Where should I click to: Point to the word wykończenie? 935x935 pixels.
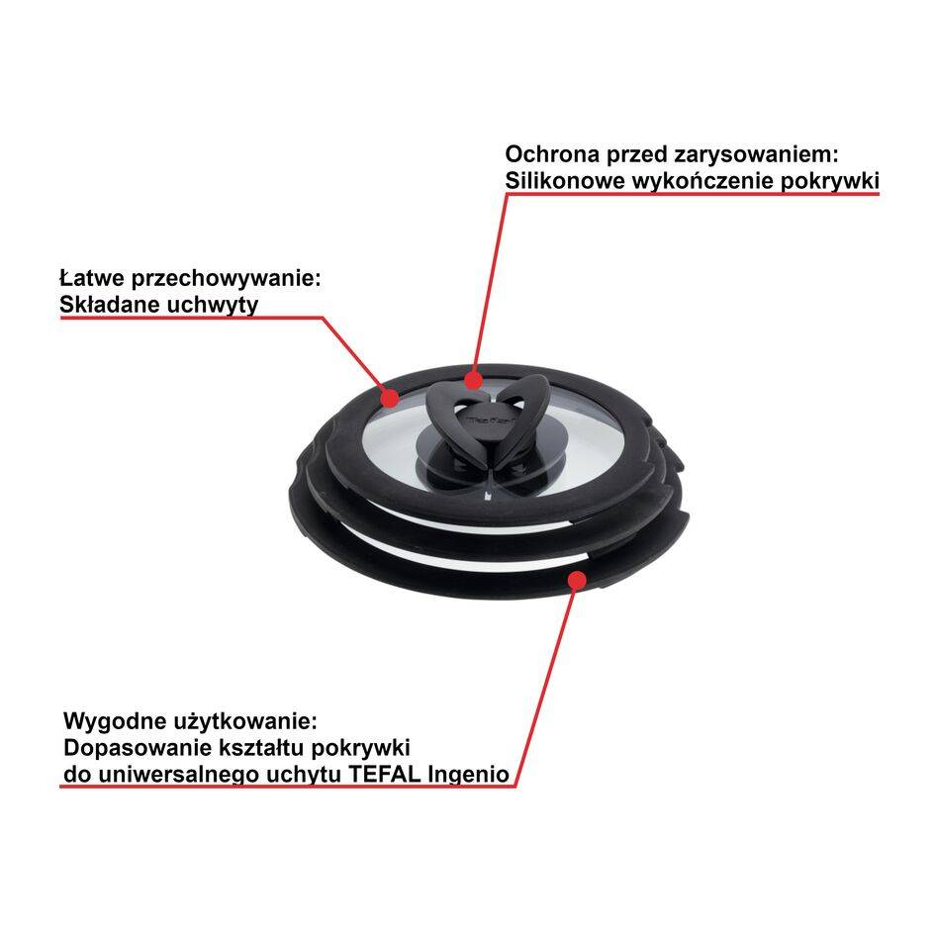coord(698,182)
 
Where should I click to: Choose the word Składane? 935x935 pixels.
coord(107,304)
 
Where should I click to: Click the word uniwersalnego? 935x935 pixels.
coord(174,773)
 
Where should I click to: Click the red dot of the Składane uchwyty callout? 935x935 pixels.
coord(390,398)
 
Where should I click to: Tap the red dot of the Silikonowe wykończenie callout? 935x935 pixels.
coord(473,377)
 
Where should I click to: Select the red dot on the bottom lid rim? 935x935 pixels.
coord(573,580)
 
